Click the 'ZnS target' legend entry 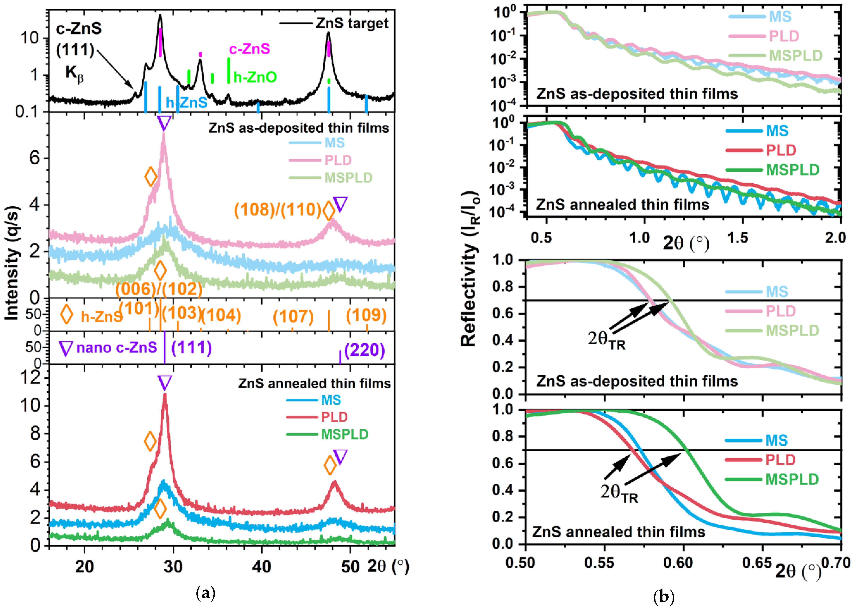coord(352,23)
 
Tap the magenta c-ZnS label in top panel coord(249,49)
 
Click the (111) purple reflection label coord(191,348)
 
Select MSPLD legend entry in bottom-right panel coord(792,479)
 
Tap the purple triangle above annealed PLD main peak coord(165,383)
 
